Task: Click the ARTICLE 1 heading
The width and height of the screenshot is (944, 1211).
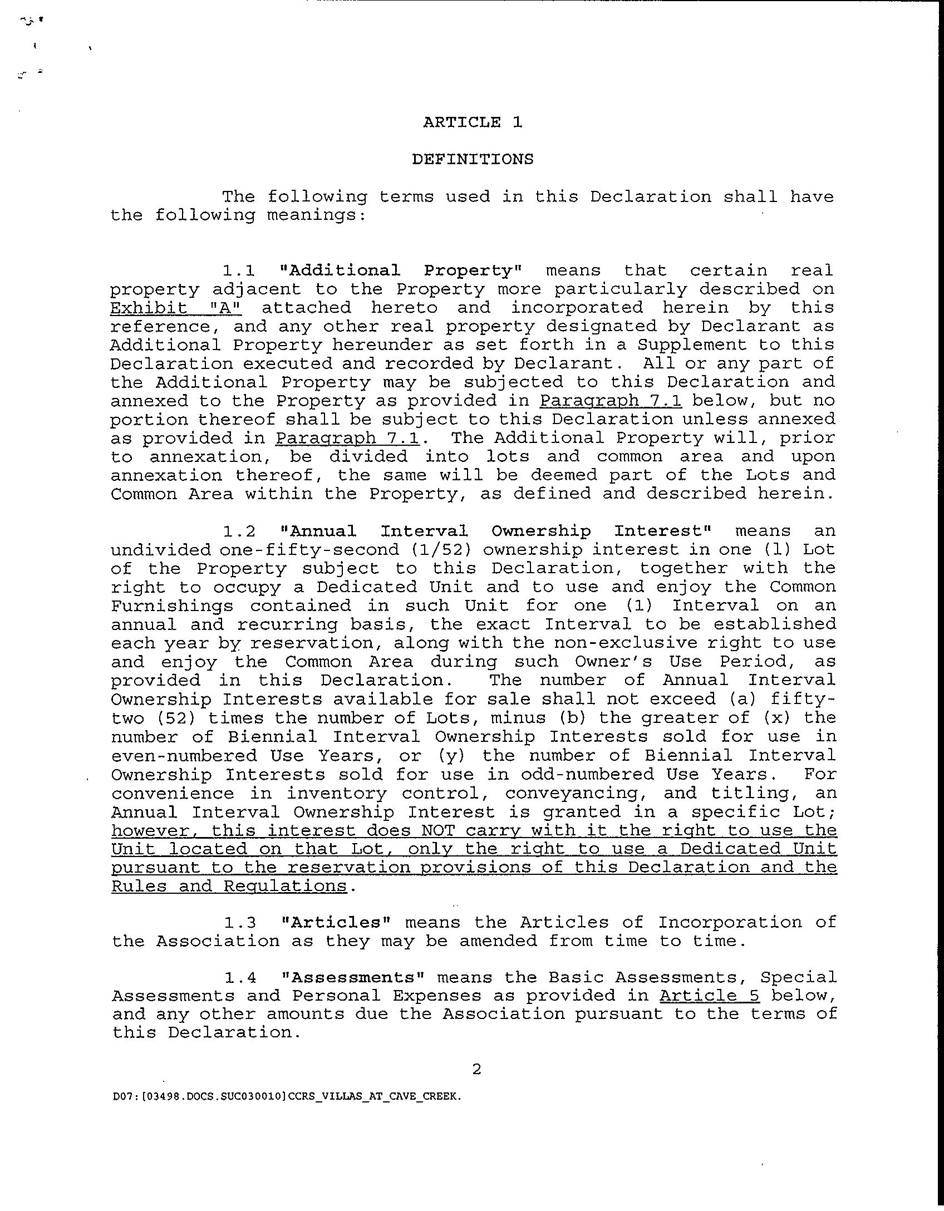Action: pyautogui.click(x=473, y=122)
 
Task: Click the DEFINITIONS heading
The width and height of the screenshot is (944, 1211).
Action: pyautogui.click(x=473, y=159)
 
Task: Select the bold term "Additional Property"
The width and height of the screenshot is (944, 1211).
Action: pyautogui.click(x=400, y=270)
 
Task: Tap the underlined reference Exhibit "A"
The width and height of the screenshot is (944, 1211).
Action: pyautogui.click(x=176, y=308)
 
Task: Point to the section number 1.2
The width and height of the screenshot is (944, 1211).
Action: pyautogui.click(x=239, y=531)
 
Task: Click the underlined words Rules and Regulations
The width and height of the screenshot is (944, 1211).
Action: pyautogui.click(x=229, y=886)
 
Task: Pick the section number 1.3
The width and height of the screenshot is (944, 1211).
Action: pyautogui.click(x=240, y=923)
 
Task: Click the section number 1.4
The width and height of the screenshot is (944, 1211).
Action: pyautogui.click(x=240, y=978)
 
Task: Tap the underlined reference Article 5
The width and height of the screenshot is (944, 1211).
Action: pyautogui.click(x=709, y=996)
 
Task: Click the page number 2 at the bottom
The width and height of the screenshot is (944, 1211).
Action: pyautogui.click(x=476, y=1069)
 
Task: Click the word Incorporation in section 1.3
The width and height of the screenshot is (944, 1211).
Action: pyautogui.click(x=730, y=923)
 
